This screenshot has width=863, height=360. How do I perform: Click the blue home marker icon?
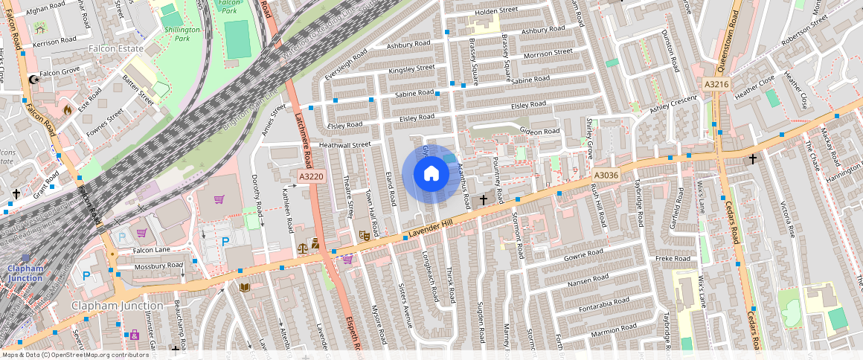point(431,174)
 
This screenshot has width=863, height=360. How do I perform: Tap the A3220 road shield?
point(311,176)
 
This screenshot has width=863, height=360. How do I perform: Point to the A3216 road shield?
point(716,84)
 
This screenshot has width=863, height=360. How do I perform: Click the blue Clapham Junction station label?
point(25,273)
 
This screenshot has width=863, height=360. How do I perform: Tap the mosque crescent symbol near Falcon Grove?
point(32,80)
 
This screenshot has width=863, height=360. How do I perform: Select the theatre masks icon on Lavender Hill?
point(365,235)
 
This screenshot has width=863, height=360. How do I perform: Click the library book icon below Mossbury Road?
point(244,287)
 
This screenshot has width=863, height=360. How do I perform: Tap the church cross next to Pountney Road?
point(483,200)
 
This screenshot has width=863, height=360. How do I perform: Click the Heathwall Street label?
point(344,145)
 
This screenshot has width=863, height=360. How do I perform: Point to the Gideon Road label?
point(539,132)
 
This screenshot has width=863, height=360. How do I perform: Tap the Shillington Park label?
point(182,33)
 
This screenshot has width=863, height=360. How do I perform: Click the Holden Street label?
point(495,10)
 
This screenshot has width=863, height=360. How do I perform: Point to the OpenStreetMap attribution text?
point(74,355)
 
